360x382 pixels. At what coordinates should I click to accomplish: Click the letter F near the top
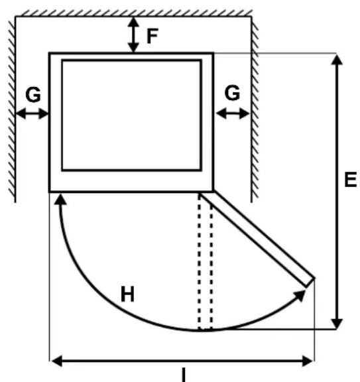pyautogui.click(x=152, y=36)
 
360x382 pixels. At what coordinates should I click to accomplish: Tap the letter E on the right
pyautogui.click(x=351, y=179)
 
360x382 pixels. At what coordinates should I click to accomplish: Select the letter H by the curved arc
pyautogui.click(x=127, y=294)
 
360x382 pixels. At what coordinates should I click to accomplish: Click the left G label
pyautogui.click(x=33, y=95)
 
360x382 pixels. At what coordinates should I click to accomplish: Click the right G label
pyautogui.click(x=232, y=93)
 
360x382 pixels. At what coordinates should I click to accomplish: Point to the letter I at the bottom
pyautogui.click(x=184, y=375)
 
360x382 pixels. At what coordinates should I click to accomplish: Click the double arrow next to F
pyautogui.click(x=133, y=35)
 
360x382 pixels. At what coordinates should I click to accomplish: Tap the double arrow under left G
pyautogui.click(x=32, y=114)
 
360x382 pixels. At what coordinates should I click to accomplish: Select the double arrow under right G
pyautogui.click(x=233, y=113)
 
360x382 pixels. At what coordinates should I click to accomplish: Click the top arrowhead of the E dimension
pyautogui.click(x=337, y=60)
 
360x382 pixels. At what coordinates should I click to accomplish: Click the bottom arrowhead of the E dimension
pyautogui.click(x=337, y=324)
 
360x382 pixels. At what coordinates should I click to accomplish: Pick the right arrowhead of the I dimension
pyautogui.click(x=308, y=361)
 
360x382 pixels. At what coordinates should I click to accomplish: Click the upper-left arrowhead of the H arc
pyautogui.click(x=60, y=200)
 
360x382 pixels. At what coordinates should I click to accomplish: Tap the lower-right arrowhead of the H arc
pyautogui.click(x=300, y=295)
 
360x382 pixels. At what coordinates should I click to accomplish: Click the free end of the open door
pyautogui.click(x=310, y=282)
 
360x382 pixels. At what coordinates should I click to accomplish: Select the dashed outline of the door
pyautogui.click(x=205, y=261)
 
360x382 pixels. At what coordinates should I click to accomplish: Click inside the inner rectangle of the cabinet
pyautogui.click(x=132, y=115)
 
